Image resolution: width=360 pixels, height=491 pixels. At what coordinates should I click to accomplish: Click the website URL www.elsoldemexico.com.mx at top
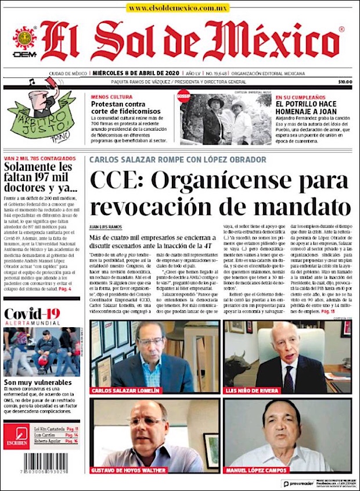(x=178, y=9)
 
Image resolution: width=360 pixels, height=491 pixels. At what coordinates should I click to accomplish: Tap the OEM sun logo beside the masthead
(x=24, y=41)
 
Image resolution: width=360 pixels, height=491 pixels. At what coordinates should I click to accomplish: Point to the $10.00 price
(x=345, y=83)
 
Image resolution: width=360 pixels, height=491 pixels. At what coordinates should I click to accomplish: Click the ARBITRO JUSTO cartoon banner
(x=39, y=121)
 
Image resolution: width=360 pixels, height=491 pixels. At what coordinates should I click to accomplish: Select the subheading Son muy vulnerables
(x=42, y=382)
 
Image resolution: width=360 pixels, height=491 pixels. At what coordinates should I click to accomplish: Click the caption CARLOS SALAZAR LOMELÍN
(x=126, y=391)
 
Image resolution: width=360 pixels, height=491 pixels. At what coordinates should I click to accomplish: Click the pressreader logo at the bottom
(x=297, y=483)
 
